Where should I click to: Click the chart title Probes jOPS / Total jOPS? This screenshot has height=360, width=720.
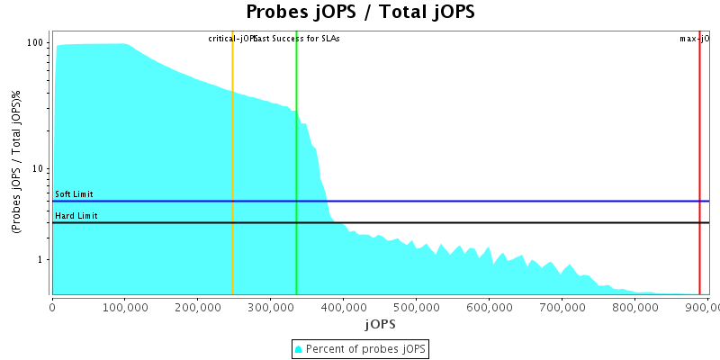[360, 12]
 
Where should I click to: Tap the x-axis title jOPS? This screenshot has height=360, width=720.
[380, 323]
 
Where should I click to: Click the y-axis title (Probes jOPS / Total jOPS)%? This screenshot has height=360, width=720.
[16, 163]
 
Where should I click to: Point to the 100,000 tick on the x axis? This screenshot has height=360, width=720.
[124, 307]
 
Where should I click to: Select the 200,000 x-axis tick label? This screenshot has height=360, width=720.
[197, 307]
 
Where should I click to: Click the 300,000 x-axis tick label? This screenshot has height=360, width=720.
[270, 307]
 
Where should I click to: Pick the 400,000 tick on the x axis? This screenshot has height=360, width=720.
[343, 307]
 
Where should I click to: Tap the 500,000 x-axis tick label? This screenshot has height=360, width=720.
[416, 307]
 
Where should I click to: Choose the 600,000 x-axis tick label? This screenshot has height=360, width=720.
[489, 307]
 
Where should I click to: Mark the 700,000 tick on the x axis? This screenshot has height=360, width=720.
[562, 307]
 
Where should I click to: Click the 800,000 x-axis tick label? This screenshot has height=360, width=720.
[634, 307]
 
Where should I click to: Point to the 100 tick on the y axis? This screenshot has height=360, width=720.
[36, 43]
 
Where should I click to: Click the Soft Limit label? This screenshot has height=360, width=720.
[74, 194]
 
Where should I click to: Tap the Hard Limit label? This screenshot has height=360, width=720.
[76, 216]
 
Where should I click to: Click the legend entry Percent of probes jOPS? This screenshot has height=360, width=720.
[360, 348]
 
